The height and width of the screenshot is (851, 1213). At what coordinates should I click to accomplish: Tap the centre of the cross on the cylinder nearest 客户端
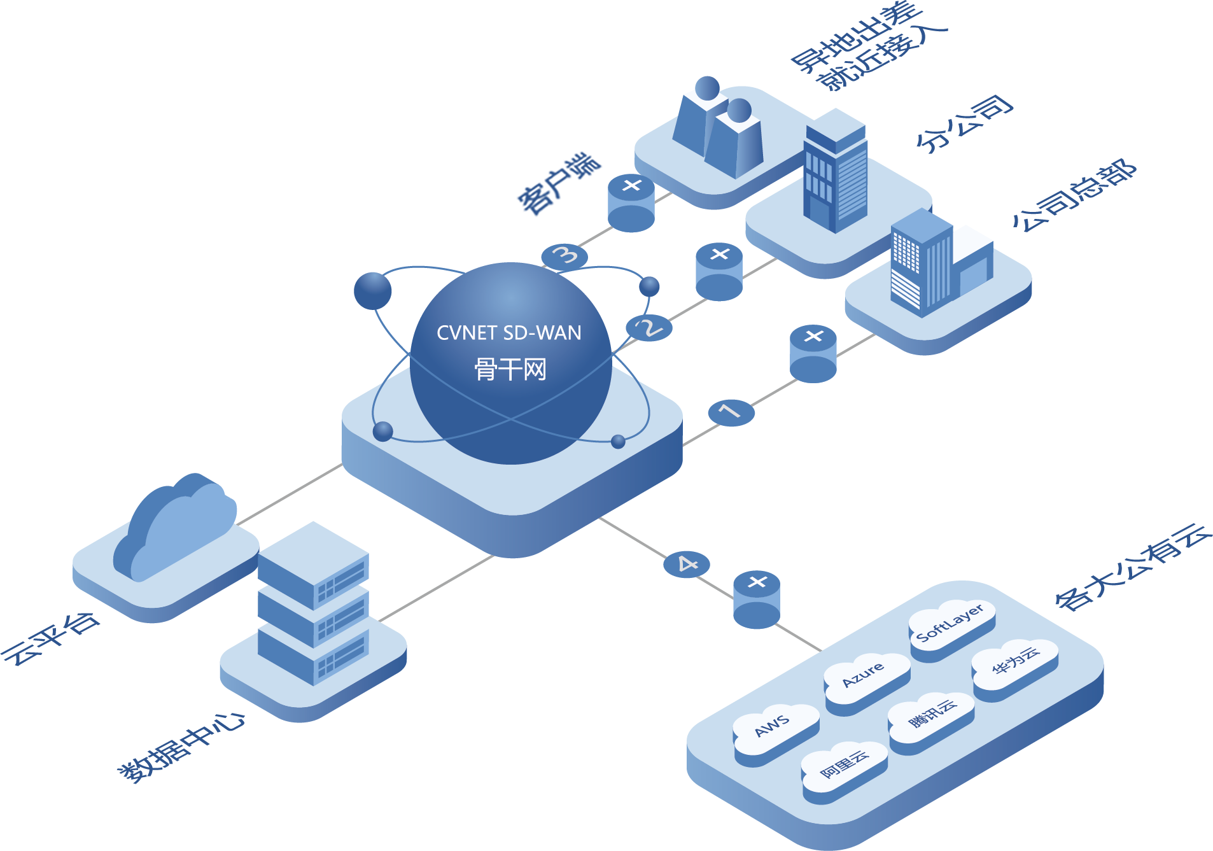tap(631, 185)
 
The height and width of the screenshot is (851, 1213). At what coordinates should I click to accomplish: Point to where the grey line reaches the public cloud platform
tap(821, 651)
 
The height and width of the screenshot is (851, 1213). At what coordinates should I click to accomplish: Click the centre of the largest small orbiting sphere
tap(372, 291)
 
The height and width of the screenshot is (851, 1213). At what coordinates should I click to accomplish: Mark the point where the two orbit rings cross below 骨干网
tap(510, 419)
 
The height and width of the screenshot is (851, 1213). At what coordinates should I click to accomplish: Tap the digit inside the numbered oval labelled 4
tap(687, 564)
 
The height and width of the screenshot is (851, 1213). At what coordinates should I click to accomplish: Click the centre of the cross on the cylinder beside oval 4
tap(757, 582)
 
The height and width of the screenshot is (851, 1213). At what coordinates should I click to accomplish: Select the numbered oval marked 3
tap(564, 256)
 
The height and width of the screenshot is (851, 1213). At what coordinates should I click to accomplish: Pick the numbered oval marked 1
tap(731, 412)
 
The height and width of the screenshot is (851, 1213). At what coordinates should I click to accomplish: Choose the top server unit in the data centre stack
tap(313, 566)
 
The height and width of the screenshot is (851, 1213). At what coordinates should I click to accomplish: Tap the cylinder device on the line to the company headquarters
tap(813, 354)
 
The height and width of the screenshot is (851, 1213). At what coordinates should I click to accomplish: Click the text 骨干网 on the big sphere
tap(510, 369)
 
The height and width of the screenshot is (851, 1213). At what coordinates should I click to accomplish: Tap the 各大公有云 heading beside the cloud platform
tap(1133, 566)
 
